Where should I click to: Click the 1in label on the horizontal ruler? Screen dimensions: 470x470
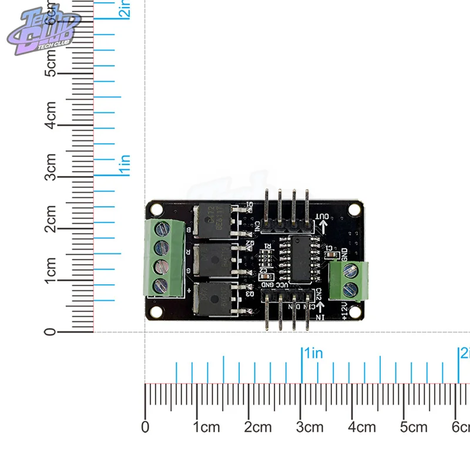coord(313,354)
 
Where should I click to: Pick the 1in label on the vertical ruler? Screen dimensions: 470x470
coord(125,164)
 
